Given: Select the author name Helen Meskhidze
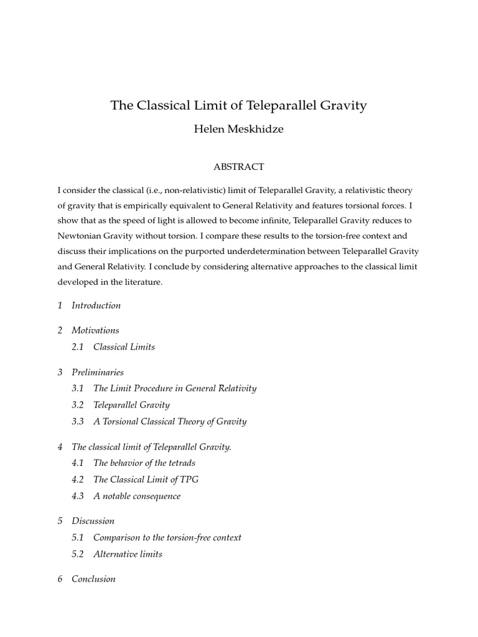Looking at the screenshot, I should coord(239,131).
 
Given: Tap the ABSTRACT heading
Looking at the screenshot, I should coord(239,167).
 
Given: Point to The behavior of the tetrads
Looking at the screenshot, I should coord(144,463).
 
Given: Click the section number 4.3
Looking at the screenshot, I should coord(78,496).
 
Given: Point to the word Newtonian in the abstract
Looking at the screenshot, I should coord(79,236).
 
